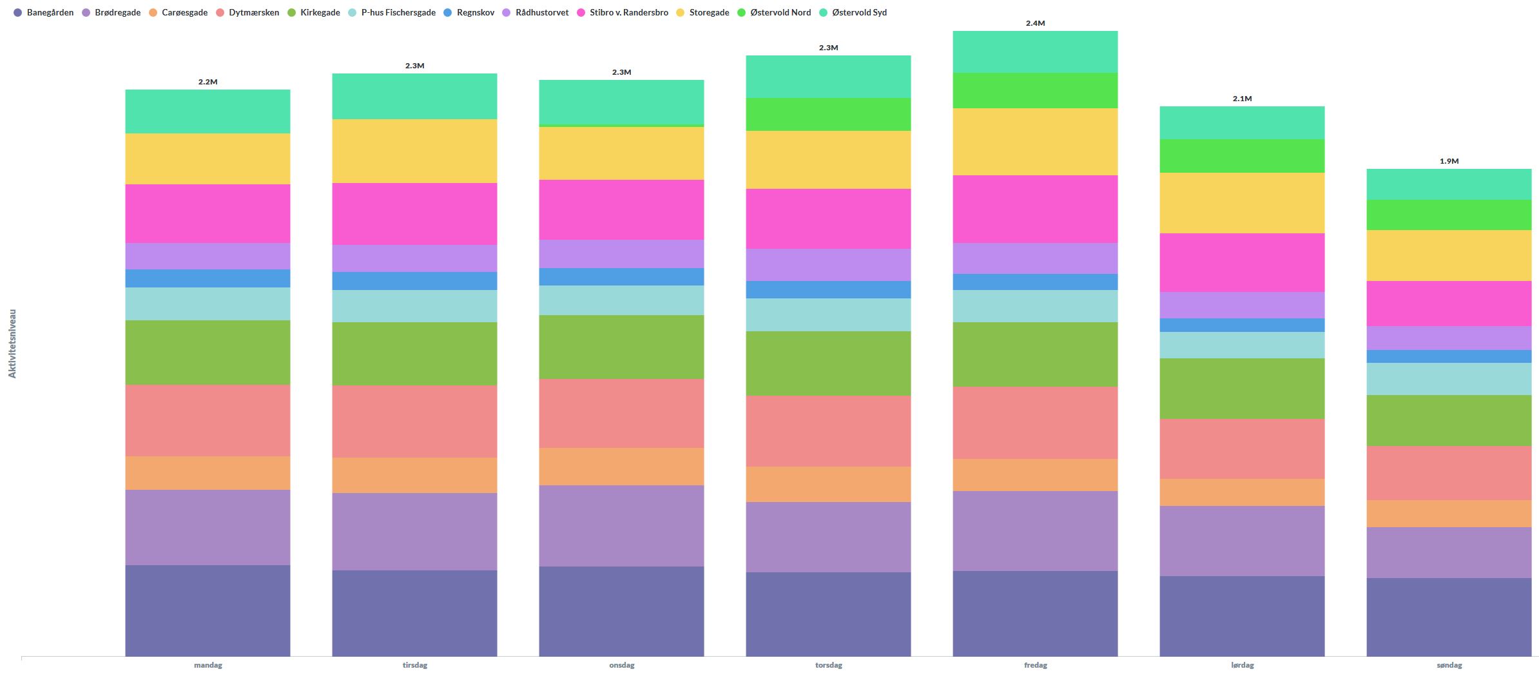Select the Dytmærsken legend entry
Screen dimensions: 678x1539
pyautogui.click(x=247, y=12)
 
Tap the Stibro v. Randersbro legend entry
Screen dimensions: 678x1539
pyautogui.click(x=623, y=12)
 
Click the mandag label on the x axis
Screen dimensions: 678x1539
pyautogui.click(x=208, y=665)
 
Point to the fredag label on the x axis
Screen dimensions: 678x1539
pyautogui.click(x=1035, y=665)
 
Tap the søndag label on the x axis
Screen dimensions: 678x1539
pyautogui.click(x=1449, y=665)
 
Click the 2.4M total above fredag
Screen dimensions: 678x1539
pyautogui.click(x=1035, y=23)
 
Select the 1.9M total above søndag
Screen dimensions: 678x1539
pyautogui.click(x=1449, y=161)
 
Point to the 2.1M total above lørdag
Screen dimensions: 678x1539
pyautogui.click(x=1242, y=99)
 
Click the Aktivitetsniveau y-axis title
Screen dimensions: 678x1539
pyautogui.click(x=12, y=344)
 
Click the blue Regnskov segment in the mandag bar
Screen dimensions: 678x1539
pyautogui.click(x=208, y=278)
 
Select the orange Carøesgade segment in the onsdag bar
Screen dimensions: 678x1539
pyautogui.click(x=621, y=466)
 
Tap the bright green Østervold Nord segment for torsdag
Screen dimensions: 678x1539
pyautogui.click(x=828, y=114)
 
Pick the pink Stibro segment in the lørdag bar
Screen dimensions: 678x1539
pyautogui.click(x=1242, y=262)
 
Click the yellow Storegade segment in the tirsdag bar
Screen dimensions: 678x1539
pyautogui.click(x=414, y=151)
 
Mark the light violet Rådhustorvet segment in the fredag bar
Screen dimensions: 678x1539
pyautogui.click(x=1035, y=258)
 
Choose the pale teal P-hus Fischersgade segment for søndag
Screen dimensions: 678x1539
pyautogui.click(x=1449, y=379)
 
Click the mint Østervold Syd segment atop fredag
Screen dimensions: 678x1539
pyautogui.click(x=1035, y=52)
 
